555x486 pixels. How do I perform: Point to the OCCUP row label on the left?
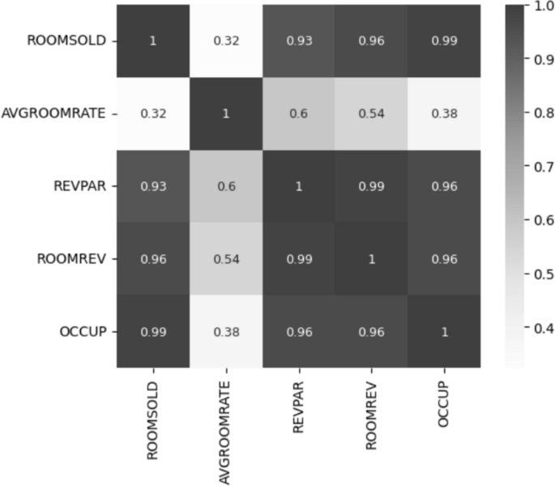(83, 331)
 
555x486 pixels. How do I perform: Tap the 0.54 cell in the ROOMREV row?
(225, 259)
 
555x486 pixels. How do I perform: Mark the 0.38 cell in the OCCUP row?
(225, 331)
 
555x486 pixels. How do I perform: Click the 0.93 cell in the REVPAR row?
(152, 186)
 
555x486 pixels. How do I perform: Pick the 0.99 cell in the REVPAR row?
(370, 186)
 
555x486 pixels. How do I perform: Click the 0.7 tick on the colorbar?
(537, 166)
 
